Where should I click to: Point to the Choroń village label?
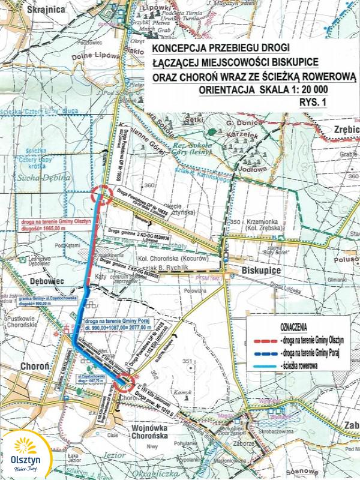tap(26, 364)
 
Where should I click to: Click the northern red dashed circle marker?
tap(103, 195)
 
